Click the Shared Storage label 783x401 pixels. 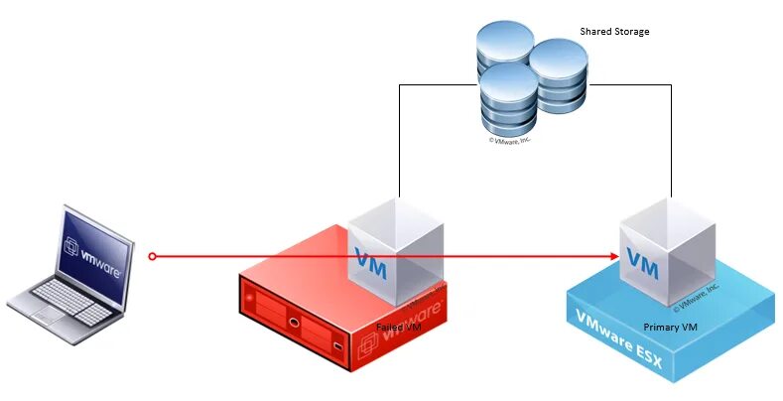tap(614, 32)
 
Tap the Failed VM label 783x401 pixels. tap(401, 327)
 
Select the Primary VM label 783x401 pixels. tap(669, 327)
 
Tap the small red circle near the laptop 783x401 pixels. tap(152, 257)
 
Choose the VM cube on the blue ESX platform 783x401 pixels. tap(664, 252)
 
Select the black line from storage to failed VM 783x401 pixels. tap(399, 139)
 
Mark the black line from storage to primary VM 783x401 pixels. tap(672, 139)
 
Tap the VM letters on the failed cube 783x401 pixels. tap(372, 265)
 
